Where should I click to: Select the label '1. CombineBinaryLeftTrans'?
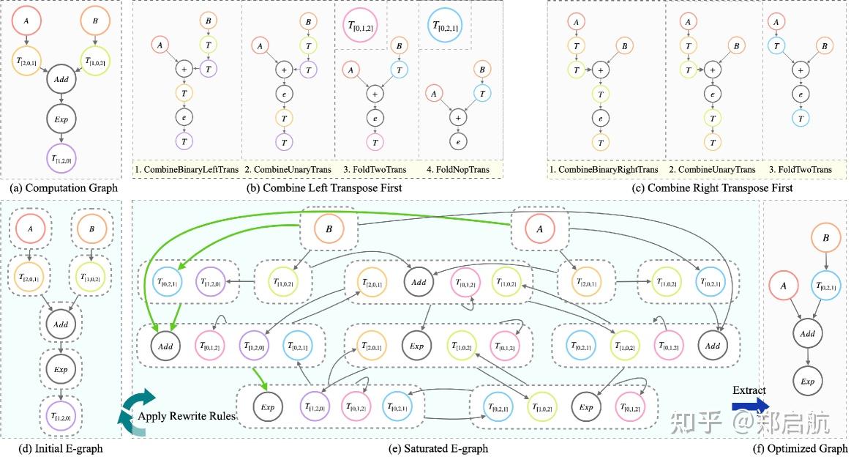185,170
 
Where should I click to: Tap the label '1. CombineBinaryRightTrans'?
604,170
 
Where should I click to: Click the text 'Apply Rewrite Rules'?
187,416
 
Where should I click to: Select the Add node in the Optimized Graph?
808,333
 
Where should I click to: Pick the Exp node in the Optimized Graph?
808,381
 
